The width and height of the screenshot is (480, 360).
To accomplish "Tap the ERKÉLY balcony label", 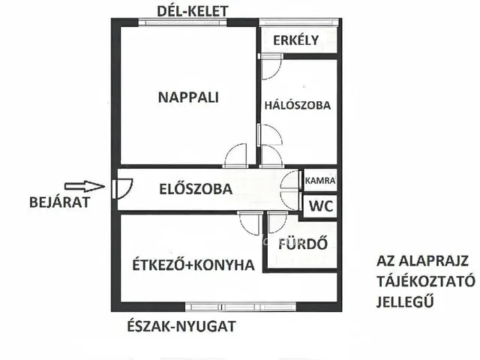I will point(295,40).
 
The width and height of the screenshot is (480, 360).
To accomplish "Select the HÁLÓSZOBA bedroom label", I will point(298,106).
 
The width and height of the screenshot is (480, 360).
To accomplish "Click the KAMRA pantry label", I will point(319,181).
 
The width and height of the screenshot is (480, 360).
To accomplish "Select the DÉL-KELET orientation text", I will point(191,10).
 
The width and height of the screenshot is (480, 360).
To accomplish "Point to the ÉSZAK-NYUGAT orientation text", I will point(183,325).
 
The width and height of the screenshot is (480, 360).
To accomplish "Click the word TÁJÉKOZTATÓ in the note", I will point(424,281).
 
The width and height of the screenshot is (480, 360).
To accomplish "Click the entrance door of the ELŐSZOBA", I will point(121,187).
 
